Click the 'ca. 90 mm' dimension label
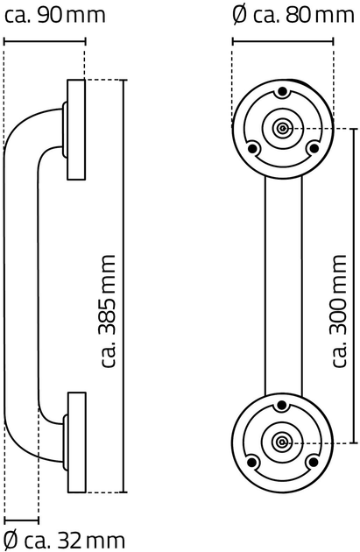54,15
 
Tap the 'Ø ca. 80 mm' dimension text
293,15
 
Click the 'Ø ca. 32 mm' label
65,540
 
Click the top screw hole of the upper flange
282,92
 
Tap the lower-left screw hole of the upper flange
252,149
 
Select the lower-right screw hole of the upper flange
313,149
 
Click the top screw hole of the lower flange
282,405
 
